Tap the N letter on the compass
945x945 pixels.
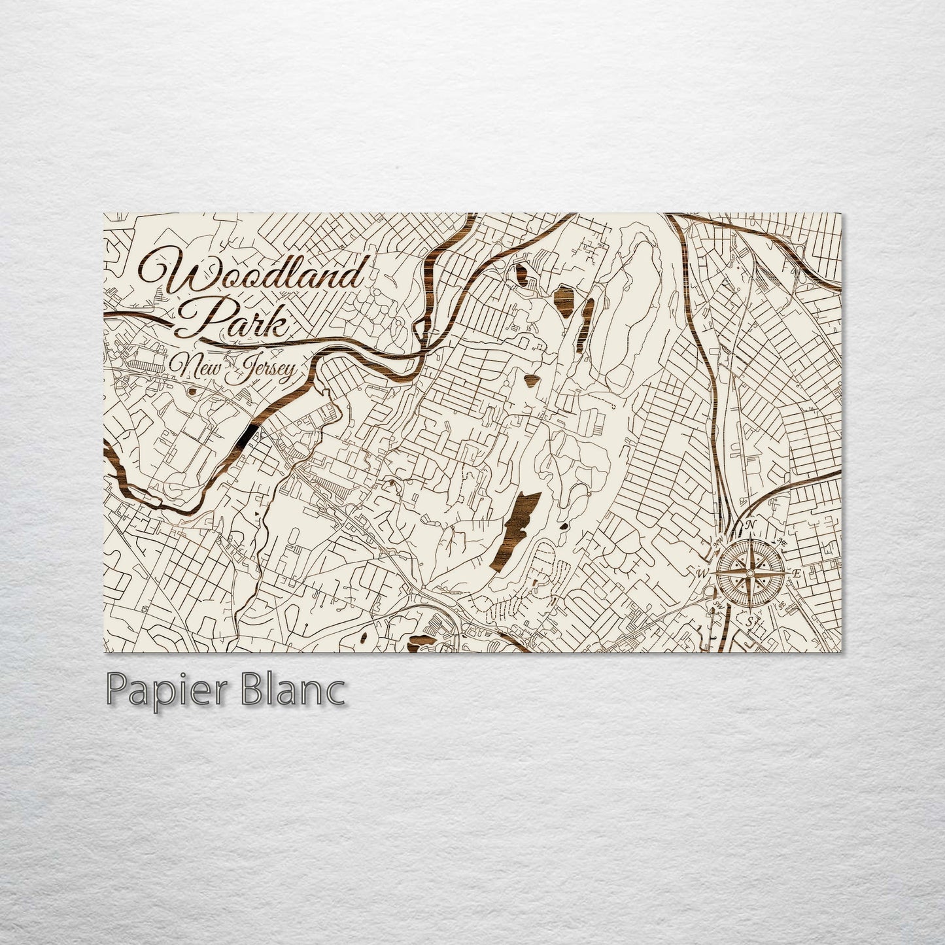pyautogui.click(x=751, y=524)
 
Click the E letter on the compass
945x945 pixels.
pyautogui.click(x=796, y=574)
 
